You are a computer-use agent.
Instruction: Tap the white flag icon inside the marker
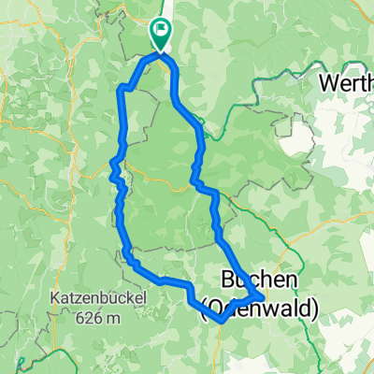click(162, 31)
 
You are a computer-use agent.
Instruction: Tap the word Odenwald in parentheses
click(261, 306)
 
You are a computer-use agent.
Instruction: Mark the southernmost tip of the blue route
click(219, 321)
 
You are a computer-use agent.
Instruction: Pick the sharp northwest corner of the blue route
click(119, 88)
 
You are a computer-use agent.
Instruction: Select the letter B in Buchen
click(230, 280)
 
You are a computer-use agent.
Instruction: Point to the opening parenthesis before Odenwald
click(207, 306)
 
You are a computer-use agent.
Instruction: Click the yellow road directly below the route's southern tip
click(221, 346)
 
